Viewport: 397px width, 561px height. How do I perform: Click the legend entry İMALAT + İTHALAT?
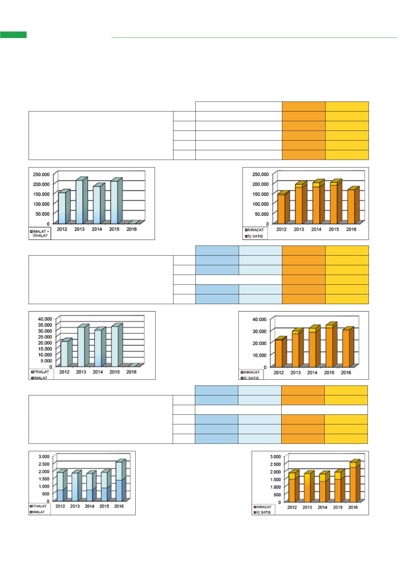coord(40,233)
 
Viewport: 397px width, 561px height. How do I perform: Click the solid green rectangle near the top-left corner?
coord(13,34)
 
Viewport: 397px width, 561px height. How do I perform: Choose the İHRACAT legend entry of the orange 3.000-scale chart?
coord(263,507)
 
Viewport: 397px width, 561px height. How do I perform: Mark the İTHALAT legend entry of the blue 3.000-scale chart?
coord(39,506)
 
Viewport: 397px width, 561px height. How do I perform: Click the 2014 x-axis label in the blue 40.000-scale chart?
coord(98,372)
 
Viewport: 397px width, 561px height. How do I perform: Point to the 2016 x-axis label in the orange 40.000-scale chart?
coord(346,372)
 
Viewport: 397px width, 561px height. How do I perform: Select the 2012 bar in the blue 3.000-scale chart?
coord(60,487)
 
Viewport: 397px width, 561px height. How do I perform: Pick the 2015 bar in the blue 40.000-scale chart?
coord(115,346)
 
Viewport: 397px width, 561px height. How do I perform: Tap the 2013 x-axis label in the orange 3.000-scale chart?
coord(307,507)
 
